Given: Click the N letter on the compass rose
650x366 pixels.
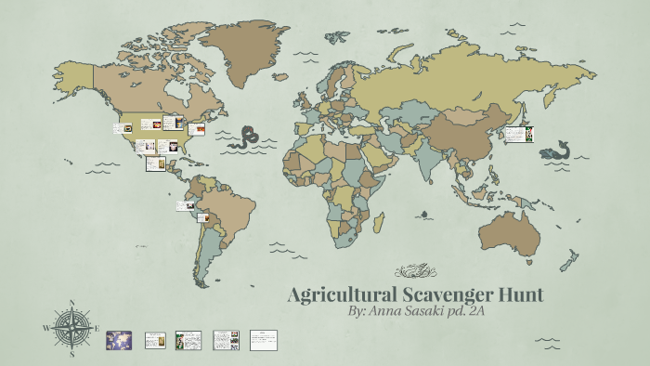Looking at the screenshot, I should pos(71,303).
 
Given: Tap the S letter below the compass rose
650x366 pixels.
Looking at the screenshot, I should pos(71,354).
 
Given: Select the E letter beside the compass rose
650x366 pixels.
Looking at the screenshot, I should pos(97,329).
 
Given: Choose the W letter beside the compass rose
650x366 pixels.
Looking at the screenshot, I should pos(46,329).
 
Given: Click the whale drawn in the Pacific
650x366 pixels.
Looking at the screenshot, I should pos(555,150).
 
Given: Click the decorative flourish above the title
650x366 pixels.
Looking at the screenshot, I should pos(414,271).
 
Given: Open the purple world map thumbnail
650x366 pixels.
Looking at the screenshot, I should pos(119,339).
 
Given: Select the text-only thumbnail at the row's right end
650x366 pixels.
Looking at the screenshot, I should pos(264,339).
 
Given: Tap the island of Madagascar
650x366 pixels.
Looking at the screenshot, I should pos(379,221).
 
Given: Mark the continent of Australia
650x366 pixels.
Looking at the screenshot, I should pos(516,231).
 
